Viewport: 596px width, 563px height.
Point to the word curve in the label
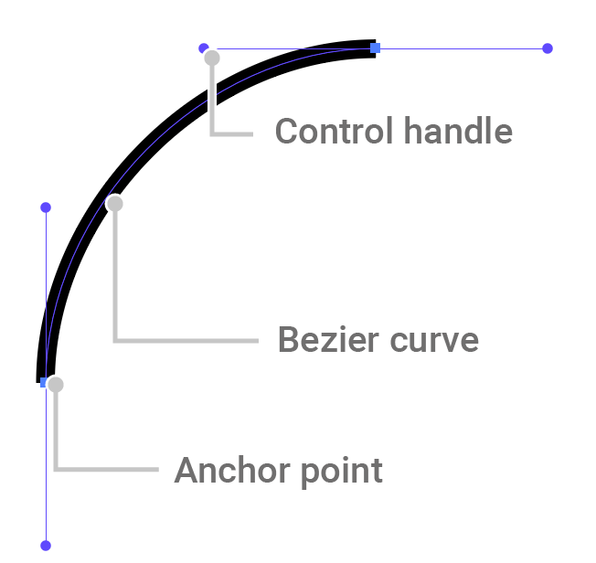tap(435, 340)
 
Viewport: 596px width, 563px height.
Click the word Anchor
tap(227, 472)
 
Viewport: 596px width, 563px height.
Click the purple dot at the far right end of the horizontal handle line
tap(548, 48)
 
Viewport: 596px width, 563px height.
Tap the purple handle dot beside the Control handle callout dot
tap(203, 48)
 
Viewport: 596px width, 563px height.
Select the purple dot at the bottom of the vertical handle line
tap(46, 546)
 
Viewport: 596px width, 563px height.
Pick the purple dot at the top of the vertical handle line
tap(46, 207)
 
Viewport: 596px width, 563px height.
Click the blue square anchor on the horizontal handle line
tap(375, 48)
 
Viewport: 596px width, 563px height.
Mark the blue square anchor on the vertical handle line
tap(44, 381)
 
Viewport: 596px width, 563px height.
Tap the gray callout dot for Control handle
tap(212, 58)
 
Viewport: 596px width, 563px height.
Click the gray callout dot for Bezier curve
tap(114, 203)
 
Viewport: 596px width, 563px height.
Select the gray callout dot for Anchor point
tap(56, 385)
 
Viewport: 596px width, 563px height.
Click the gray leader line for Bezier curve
tap(183, 340)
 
